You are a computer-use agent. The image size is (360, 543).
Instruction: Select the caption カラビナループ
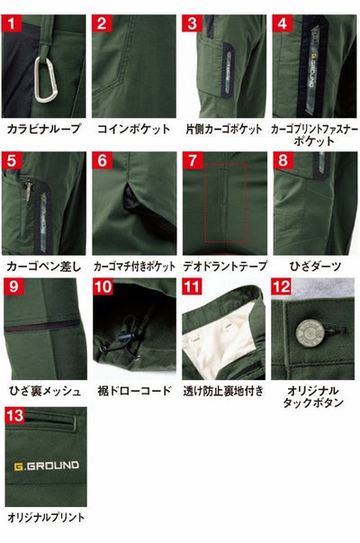tap(43, 130)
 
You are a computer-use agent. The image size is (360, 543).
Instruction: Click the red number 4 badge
tap(282, 23)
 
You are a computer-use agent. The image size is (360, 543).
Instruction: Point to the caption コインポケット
tap(133, 130)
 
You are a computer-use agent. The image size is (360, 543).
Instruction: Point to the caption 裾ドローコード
tap(133, 391)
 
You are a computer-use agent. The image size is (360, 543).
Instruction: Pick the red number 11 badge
tap(192, 288)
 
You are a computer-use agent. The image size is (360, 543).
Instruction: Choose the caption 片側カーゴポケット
tap(222, 130)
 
